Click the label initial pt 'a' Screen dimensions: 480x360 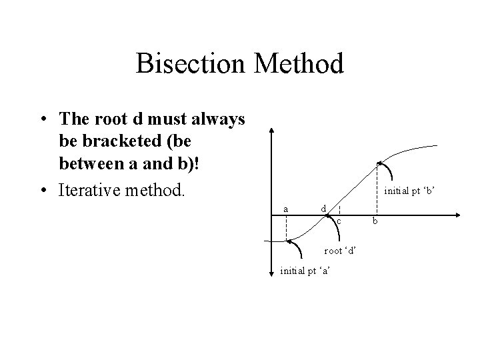click(307, 270)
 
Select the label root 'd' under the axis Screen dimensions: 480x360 click(340, 251)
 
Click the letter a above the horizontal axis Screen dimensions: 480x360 click(285, 209)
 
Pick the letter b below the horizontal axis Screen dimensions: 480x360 click(375, 221)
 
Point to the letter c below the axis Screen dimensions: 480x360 click(339, 221)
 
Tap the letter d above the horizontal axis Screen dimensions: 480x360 click(323, 209)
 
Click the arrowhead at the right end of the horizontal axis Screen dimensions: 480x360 click(461, 215)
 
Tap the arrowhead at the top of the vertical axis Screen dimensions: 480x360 click(273, 131)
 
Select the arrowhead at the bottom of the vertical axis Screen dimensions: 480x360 click(273, 273)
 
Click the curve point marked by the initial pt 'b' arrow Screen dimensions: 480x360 click(377, 163)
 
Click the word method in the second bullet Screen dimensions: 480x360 click(156, 190)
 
